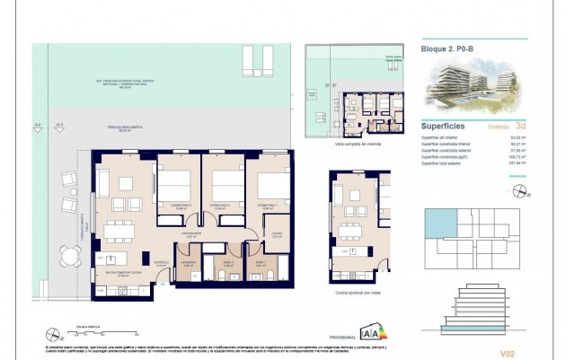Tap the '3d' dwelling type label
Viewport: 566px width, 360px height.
pos(520,127)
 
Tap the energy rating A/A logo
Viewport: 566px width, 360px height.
pos(369,332)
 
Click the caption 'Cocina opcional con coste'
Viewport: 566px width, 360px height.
pos(358,283)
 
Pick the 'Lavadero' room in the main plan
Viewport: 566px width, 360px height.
pos(189,266)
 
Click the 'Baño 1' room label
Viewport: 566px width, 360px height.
pos(261,264)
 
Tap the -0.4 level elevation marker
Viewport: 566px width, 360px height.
pos(37,127)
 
